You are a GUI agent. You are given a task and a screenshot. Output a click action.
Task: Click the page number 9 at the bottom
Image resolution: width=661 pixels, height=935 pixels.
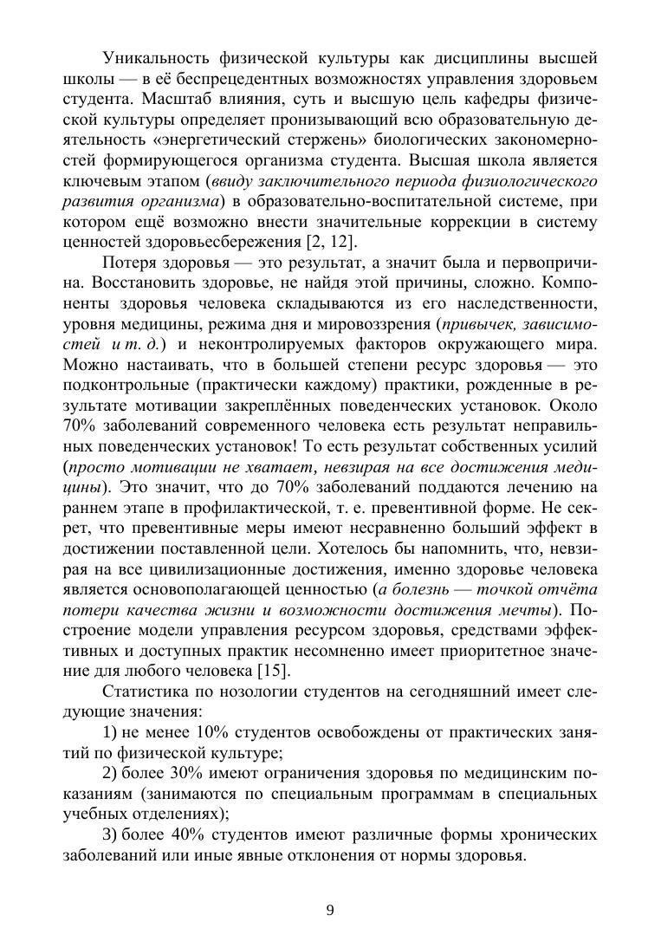(x=330, y=909)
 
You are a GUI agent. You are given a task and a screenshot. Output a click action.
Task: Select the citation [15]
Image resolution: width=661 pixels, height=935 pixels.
(x=273, y=670)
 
